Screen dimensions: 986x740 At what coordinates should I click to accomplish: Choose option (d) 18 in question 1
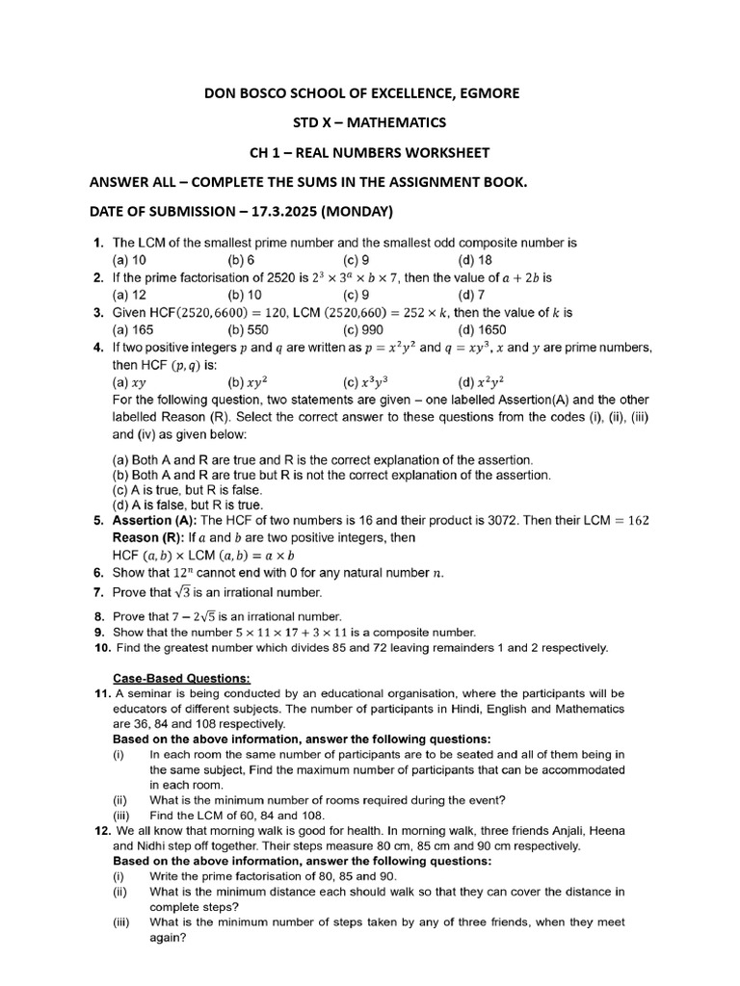tap(475, 260)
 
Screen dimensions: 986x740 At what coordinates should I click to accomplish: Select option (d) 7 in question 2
tap(471, 295)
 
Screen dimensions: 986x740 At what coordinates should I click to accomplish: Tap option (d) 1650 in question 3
tap(480, 329)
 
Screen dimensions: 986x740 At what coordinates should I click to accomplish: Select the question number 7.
tap(98, 592)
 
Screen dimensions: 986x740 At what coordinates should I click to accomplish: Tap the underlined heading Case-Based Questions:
tap(169, 677)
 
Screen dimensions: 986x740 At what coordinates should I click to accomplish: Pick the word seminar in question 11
tap(150, 693)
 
